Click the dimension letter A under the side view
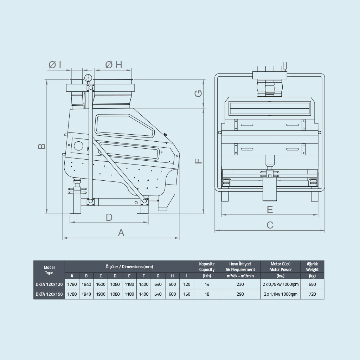pos(121,233)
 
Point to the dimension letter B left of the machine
pos(41,146)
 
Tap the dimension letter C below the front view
pos(270,225)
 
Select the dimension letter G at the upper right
pos(198,94)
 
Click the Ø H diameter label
pos(114,65)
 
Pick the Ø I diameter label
pos(55,65)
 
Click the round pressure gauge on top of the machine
pos(88,78)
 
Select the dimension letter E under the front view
pos(270,210)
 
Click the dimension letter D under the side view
pos(109,217)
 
